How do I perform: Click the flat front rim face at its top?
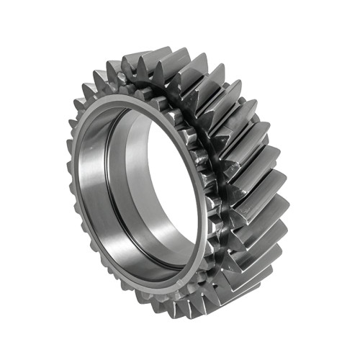(137, 99)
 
